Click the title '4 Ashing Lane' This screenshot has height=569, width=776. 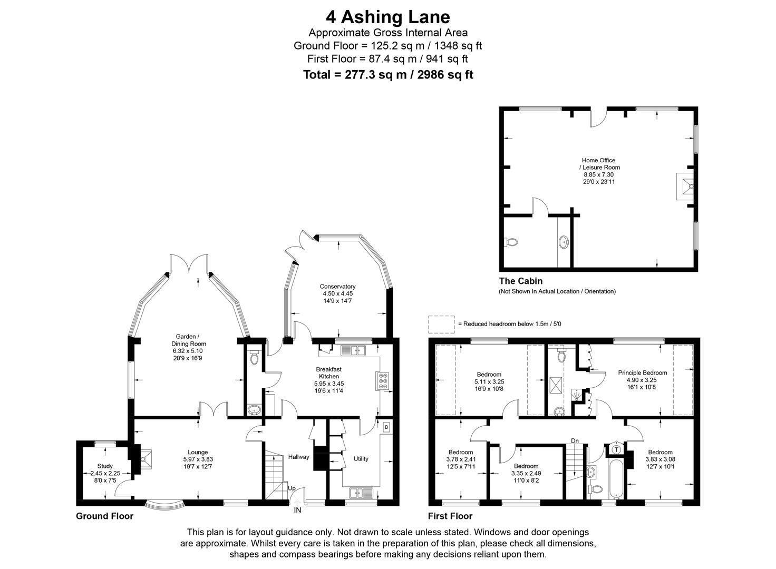tap(387, 17)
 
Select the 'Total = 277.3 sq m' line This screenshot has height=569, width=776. tap(388, 75)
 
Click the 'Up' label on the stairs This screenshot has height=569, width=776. tap(292, 488)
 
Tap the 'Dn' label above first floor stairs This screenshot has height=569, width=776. tap(575, 441)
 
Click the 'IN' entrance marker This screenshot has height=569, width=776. tap(297, 510)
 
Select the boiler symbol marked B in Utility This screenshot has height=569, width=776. tap(386, 427)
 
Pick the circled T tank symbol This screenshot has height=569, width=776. tap(616, 450)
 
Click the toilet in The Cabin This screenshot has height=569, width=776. tap(511, 242)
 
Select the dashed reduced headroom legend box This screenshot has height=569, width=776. tap(441, 324)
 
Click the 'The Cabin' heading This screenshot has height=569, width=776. tap(521, 281)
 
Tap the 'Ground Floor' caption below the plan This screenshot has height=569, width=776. tap(104, 516)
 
